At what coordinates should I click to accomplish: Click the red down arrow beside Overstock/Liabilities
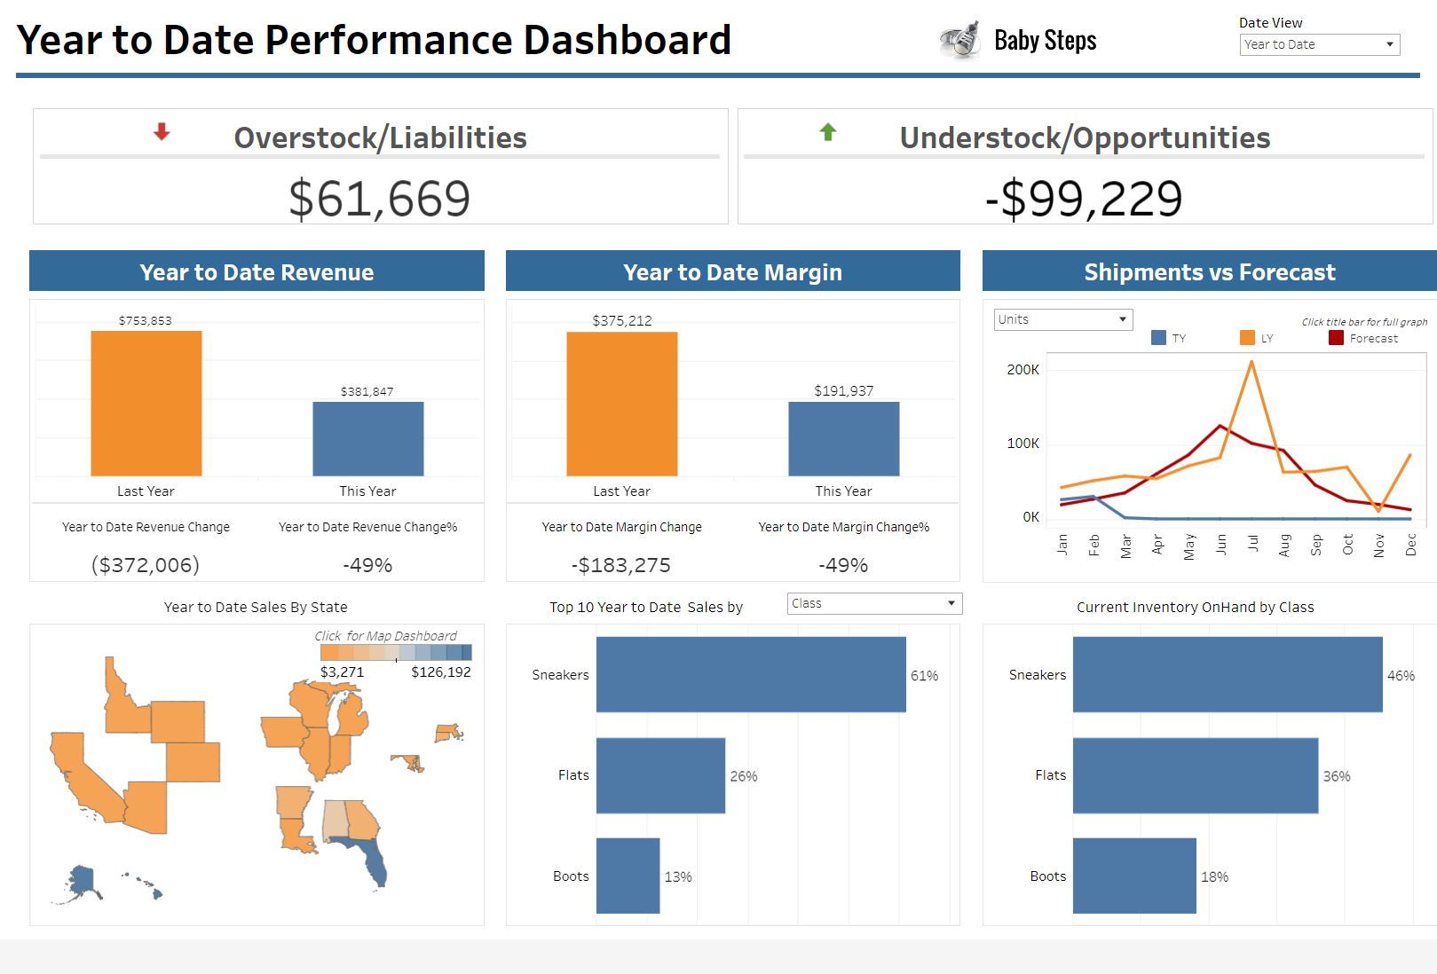[162, 132]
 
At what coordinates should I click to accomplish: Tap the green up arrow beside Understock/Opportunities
[828, 132]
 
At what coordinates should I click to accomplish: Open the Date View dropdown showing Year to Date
[1319, 44]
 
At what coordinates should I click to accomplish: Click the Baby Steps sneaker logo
[959, 41]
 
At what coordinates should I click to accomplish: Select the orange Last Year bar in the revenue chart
[146, 404]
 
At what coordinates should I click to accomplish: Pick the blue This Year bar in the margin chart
[843, 439]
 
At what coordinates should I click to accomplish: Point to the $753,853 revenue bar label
[146, 320]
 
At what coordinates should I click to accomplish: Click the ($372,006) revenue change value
[146, 565]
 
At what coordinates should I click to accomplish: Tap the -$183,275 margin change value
[621, 565]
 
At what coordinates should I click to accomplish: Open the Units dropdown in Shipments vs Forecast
[1062, 319]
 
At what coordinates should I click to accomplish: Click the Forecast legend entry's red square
[1336, 338]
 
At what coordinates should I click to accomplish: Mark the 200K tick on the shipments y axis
[1022, 370]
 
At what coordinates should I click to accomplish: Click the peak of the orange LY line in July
[1251, 361]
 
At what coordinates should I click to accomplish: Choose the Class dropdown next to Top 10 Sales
[874, 604]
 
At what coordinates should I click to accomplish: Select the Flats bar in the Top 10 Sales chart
[660, 775]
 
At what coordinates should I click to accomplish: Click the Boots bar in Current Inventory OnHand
[1134, 876]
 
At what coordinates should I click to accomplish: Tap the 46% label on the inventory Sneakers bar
[1401, 676]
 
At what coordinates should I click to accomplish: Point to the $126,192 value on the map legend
[441, 672]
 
